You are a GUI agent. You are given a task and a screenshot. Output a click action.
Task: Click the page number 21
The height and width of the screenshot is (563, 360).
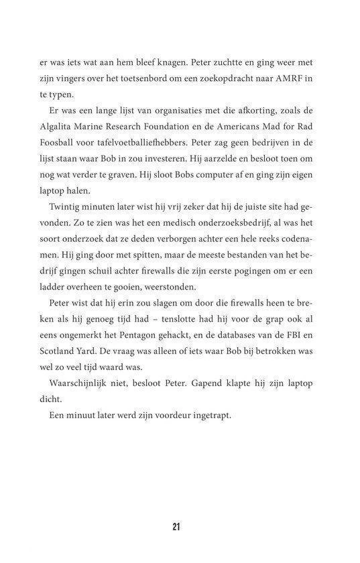click(176, 526)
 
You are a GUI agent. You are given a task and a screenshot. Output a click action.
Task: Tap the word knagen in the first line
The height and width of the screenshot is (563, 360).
click(158, 62)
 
